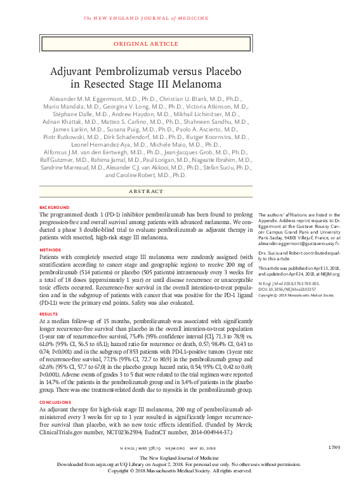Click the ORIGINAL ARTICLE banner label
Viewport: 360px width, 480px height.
pos(147,43)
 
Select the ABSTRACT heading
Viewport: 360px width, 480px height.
pos(147,190)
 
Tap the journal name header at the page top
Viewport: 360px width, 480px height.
pos(147,18)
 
